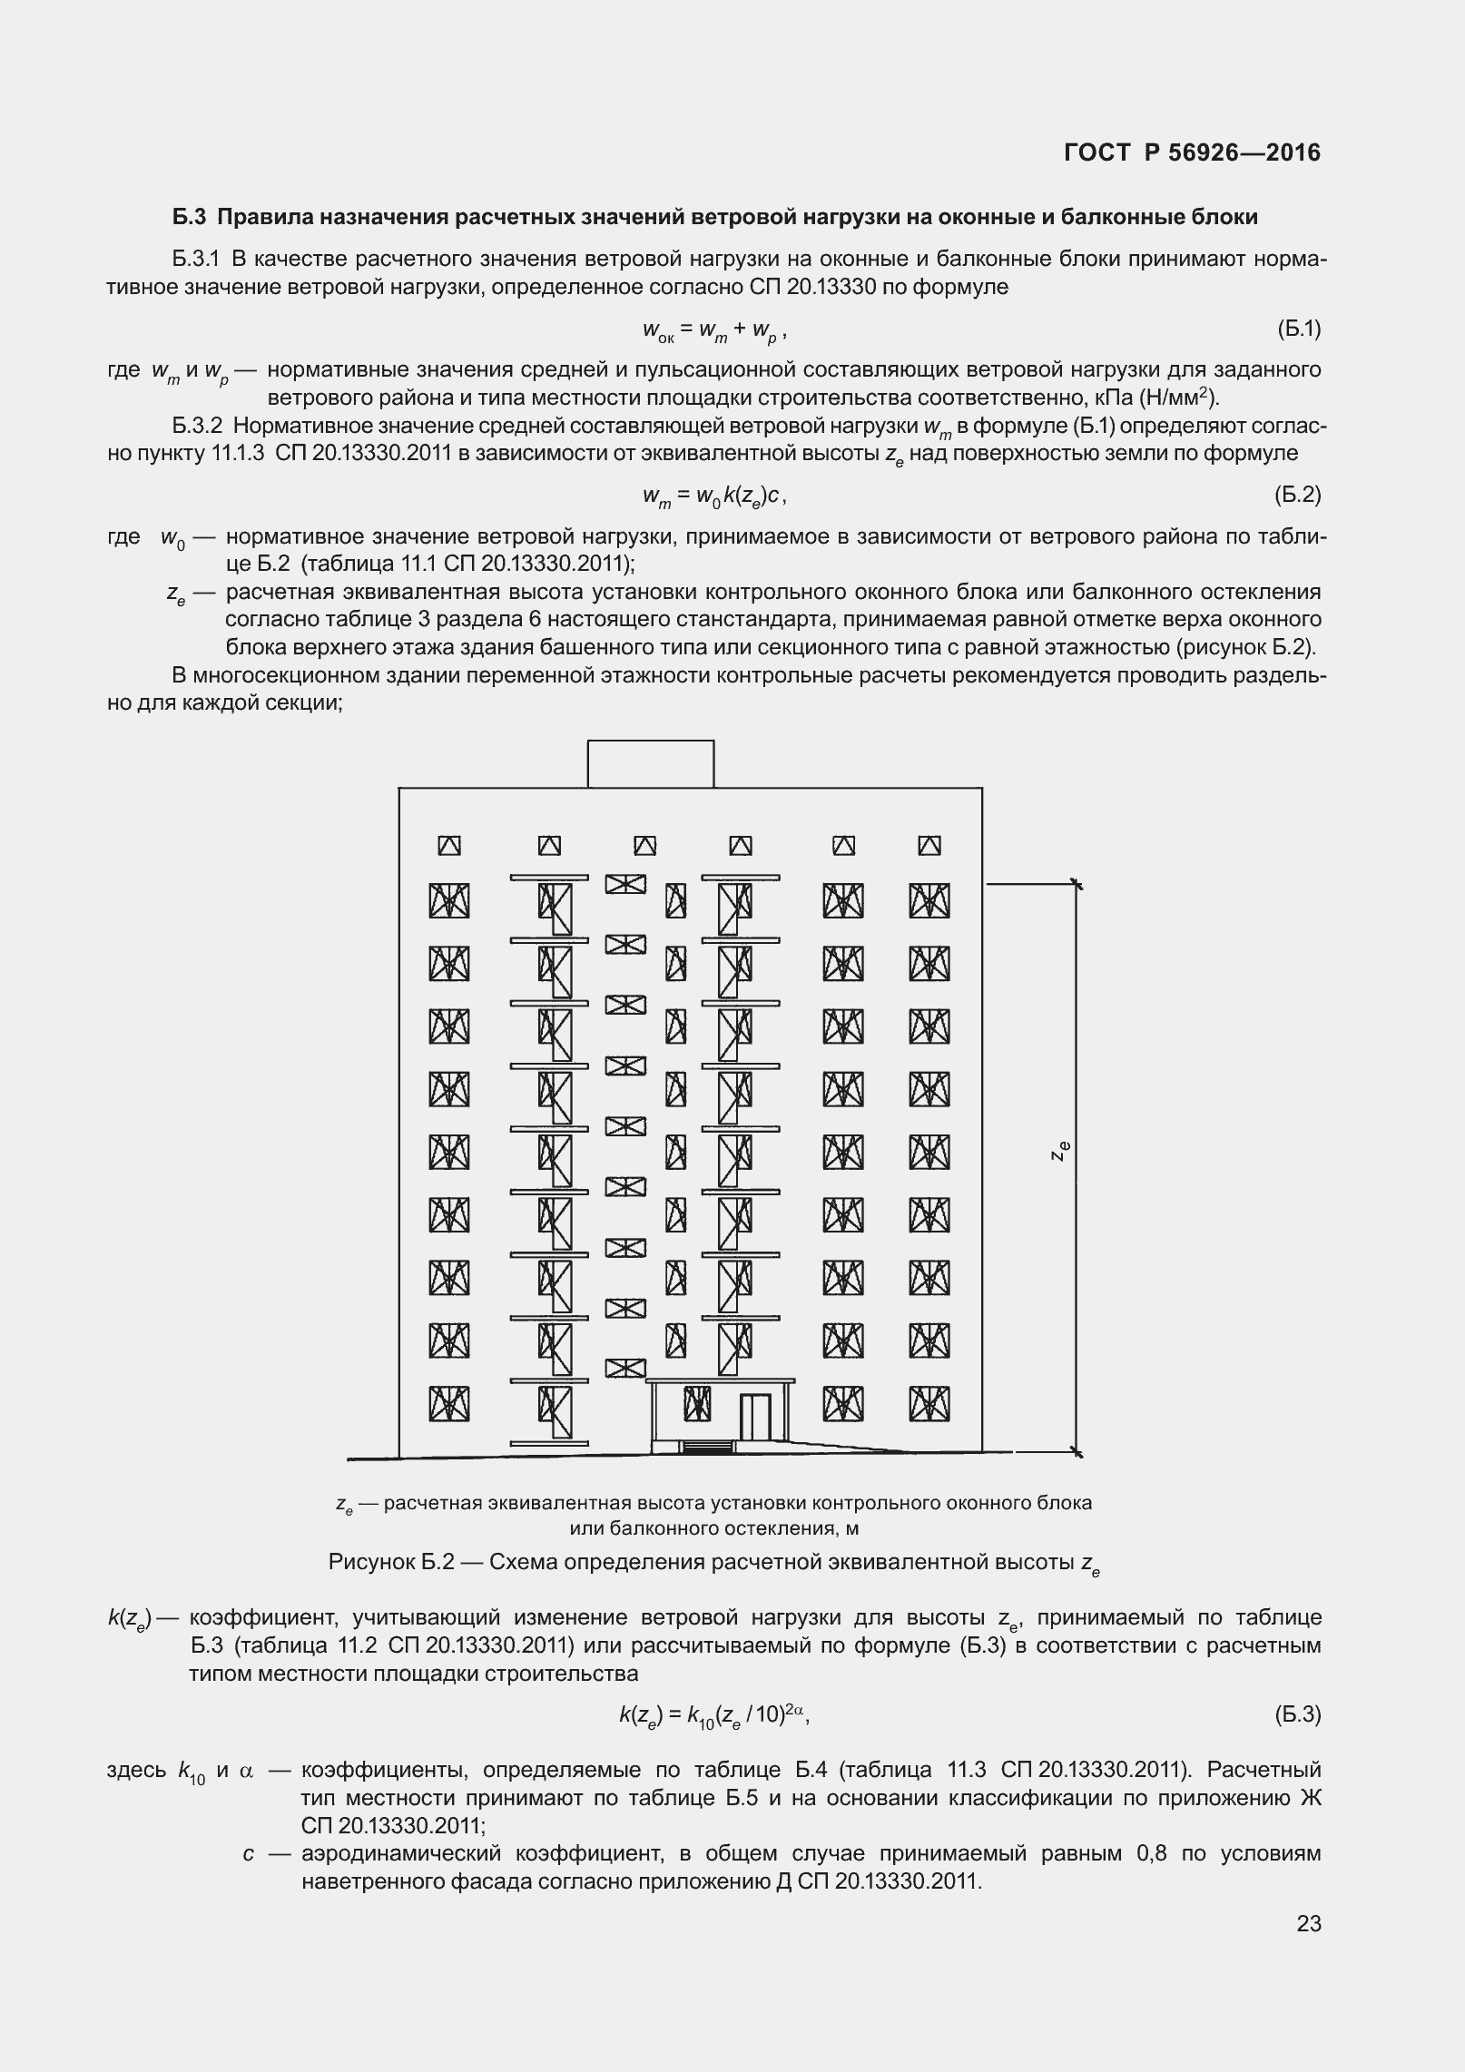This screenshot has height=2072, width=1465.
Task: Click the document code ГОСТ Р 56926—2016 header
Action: point(1192,153)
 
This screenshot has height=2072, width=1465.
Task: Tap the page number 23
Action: point(1308,1948)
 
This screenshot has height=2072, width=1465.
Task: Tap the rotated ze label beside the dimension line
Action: point(1060,1151)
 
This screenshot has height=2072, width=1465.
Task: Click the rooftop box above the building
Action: point(650,763)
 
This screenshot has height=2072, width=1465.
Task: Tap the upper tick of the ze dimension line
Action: point(1077,883)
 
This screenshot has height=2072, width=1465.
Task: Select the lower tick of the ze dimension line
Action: point(1077,1452)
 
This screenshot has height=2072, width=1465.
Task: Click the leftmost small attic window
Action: point(449,845)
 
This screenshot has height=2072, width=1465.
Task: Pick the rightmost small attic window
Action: point(929,845)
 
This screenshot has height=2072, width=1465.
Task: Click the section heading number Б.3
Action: point(190,218)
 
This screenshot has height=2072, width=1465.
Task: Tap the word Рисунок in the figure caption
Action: point(370,1563)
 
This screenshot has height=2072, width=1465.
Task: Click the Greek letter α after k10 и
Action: point(246,1771)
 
